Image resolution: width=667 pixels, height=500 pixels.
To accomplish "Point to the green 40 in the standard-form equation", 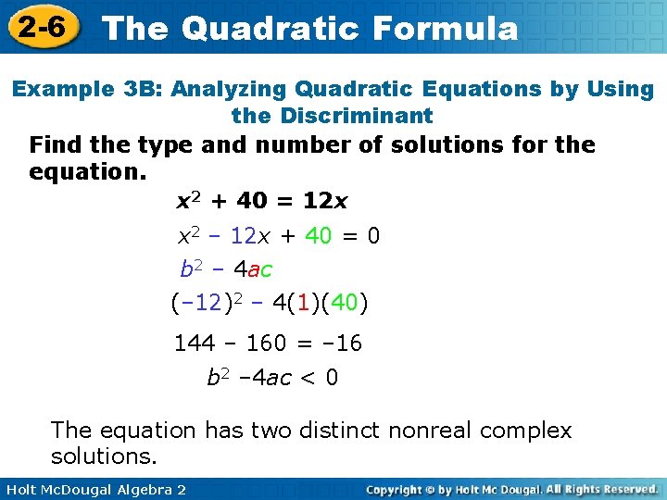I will (x=318, y=236).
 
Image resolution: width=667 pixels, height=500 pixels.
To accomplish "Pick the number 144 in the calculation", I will (x=195, y=344).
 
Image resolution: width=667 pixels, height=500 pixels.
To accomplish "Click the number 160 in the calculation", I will (x=266, y=344).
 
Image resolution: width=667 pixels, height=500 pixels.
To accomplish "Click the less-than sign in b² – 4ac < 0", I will (x=308, y=378).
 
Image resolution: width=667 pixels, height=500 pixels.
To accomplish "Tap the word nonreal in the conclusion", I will (x=434, y=431).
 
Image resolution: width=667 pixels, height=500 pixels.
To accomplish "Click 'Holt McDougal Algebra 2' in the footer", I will (x=93, y=489).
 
